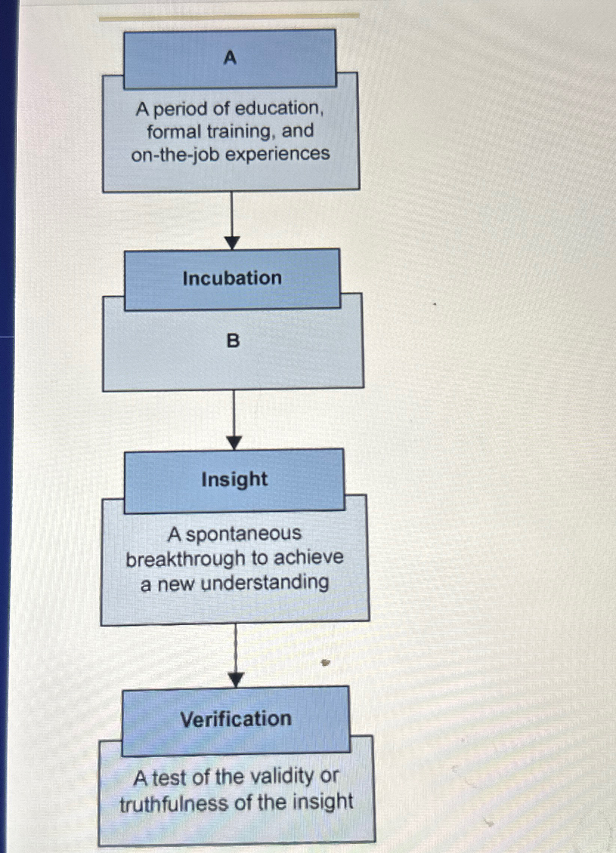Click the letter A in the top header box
[230, 58]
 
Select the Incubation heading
[232, 279]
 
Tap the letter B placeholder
[233, 341]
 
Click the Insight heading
[235, 480]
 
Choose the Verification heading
[236, 719]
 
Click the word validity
[282, 777]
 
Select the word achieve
[309, 558]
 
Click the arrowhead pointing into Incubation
[232, 242]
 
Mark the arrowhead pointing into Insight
[234, 442]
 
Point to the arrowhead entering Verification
[236, 679]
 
